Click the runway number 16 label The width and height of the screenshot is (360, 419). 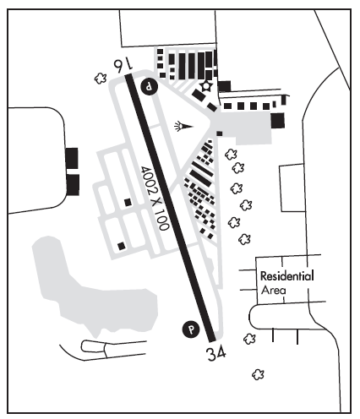coord(123,64)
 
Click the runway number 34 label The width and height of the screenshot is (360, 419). coord(216,354)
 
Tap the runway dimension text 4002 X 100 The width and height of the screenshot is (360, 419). coord(155,198)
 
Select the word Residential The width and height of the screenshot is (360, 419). coord(286,276)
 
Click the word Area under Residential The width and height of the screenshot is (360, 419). coord(273,290)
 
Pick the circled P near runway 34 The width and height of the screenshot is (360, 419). coord(191,329)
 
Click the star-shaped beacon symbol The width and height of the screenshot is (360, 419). coord(206,86)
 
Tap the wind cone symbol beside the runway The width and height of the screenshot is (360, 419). coord(183,127)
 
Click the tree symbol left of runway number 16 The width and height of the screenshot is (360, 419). coord(101,79)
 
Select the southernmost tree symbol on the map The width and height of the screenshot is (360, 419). coord(258,374)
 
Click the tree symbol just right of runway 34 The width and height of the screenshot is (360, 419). coord(249,339)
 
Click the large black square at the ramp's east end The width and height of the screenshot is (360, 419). coord(277,121)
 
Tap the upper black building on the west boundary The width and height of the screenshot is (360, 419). coord(72,158)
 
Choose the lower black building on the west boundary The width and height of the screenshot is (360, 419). coord(73,185)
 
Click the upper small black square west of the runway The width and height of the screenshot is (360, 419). coord(128,202)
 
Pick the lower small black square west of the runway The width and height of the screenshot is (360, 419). coord(122,246)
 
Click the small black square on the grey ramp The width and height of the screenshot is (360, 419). coord(220,133)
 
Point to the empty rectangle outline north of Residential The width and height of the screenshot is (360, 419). coord(292,188)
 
